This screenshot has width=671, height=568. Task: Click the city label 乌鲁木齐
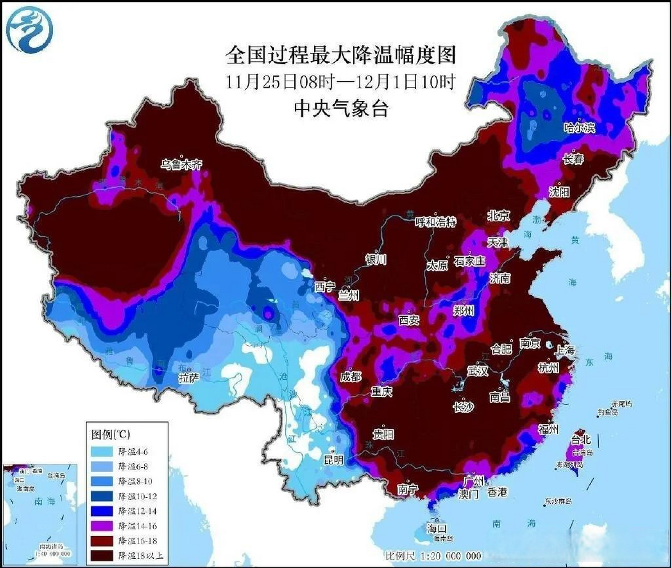click(181, 165)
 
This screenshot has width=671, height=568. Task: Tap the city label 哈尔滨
click(579, 128)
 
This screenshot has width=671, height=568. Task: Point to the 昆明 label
click(333, 460)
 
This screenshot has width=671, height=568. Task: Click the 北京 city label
click(499, 216)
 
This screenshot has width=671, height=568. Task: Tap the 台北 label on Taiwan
click(580, 439)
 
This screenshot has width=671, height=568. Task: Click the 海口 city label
click(437, 529)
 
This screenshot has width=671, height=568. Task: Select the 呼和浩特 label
click(435, 222)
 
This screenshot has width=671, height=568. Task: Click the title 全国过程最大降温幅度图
click(341, 56)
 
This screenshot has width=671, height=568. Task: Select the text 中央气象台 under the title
click(341, 108)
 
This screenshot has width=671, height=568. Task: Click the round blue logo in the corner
click(30, 28)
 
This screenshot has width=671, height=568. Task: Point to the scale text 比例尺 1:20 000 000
click(433, 556)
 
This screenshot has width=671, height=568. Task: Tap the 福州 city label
click(548, 429)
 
